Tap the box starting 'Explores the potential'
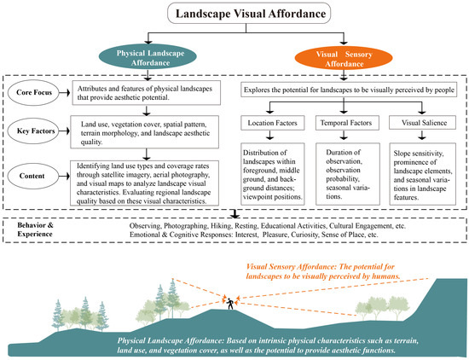[351, 89]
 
